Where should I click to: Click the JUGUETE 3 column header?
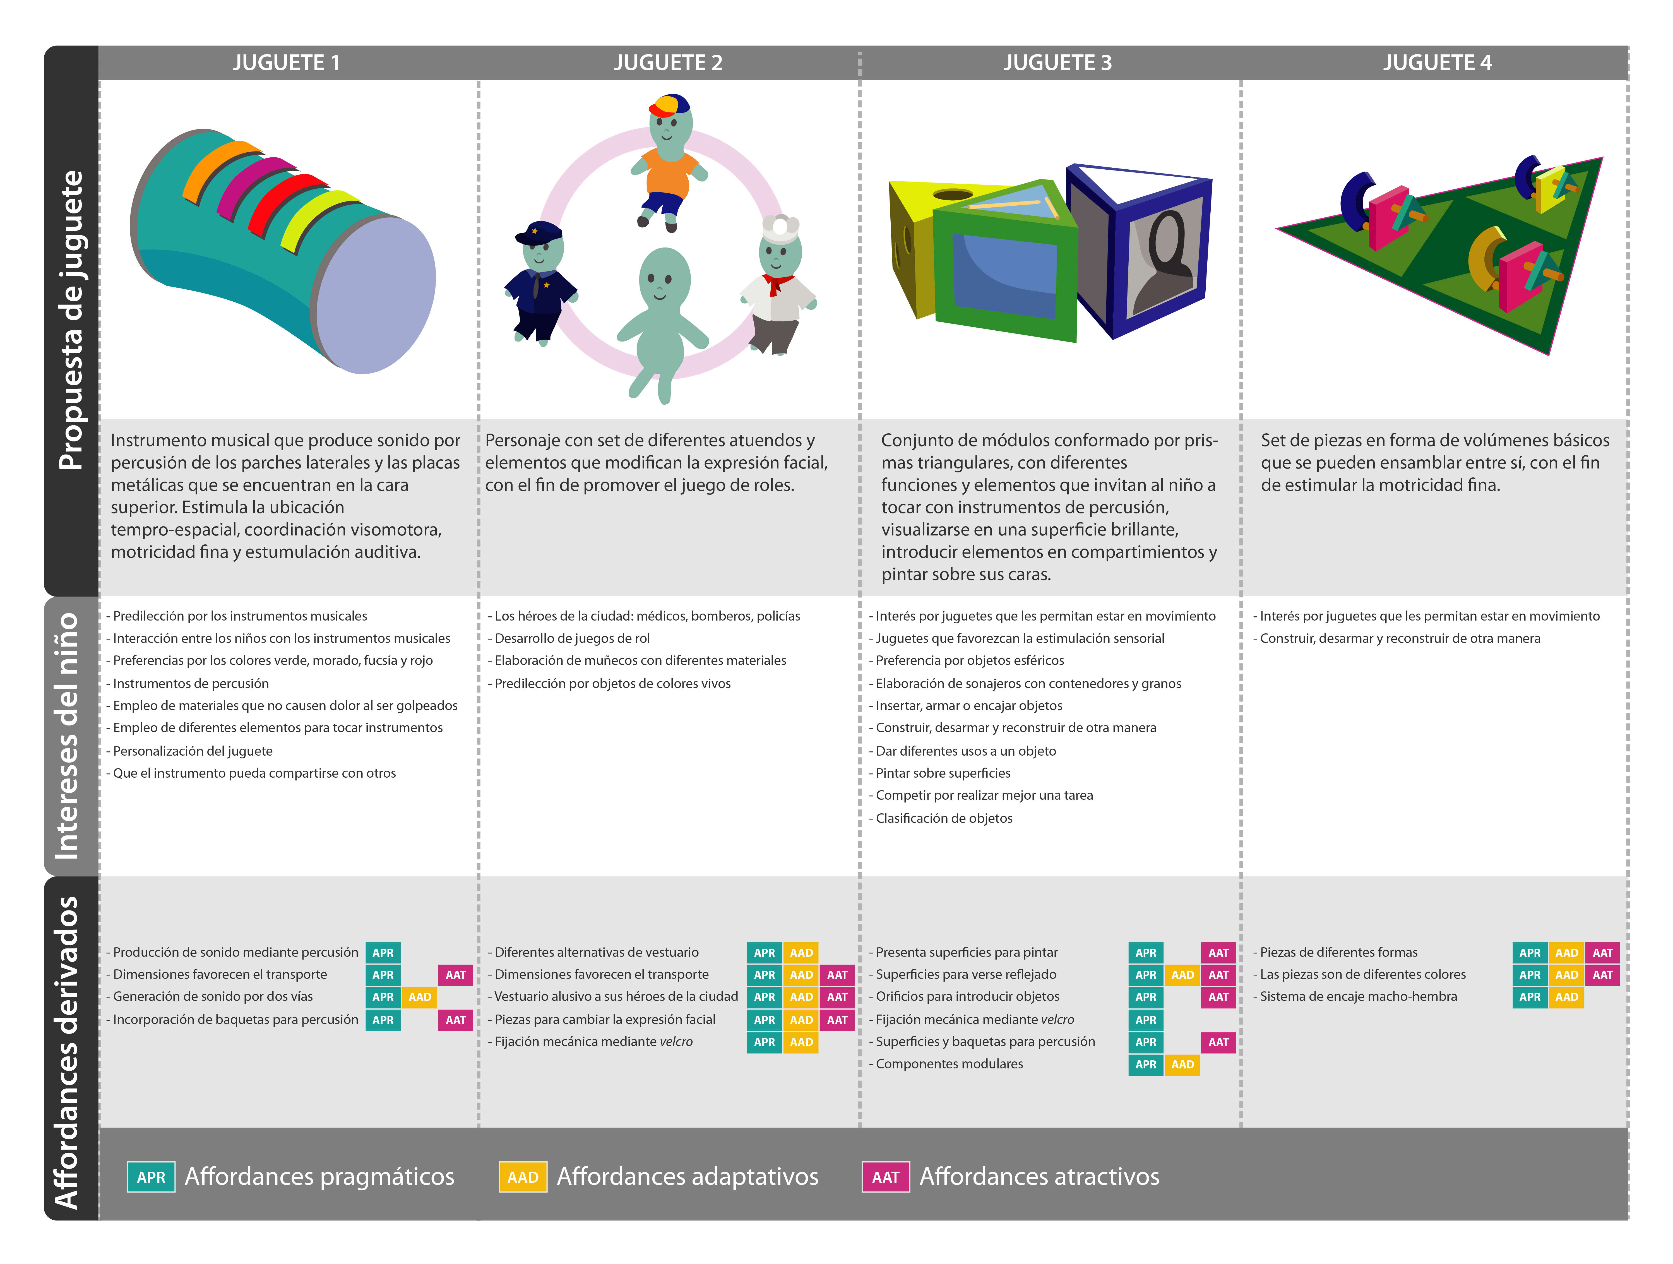click(1057, 63)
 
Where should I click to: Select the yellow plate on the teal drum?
click(321, 219)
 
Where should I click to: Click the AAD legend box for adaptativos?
click(523, 1177)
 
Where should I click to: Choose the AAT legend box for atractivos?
click(886, 1177)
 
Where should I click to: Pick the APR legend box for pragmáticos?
click(151, 1177)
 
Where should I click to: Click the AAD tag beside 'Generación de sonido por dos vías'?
click(420, 997)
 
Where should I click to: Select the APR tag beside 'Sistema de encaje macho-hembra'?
click(1530, 997)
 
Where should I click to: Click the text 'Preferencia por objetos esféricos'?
click(970, 660)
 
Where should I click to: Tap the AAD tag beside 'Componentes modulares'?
click(1182, 1064)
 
